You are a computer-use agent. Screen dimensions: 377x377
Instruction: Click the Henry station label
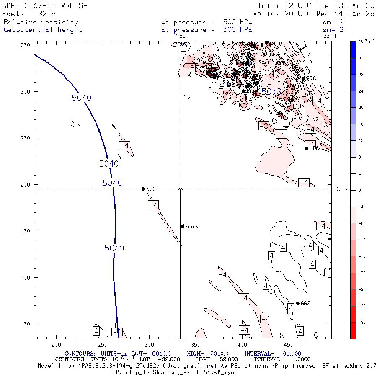click(x=191, y=227)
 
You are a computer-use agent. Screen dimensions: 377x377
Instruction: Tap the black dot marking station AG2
click(x=297, y=303)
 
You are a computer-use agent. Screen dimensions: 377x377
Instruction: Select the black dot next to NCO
click(x=143, y=189)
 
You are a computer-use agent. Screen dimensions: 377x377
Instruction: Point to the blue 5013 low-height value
click(x=271, y=91)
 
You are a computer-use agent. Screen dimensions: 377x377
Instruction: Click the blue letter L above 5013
click(x=269, y=81)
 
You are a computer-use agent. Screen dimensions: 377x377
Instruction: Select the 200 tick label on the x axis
click(x=56, y=344)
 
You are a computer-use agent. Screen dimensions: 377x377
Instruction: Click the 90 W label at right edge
click(x=341, y=189)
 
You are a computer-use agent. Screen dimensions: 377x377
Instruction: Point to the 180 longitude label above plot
click(x=181, y=36)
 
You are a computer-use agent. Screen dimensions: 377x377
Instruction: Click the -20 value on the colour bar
click(x=359, y=272)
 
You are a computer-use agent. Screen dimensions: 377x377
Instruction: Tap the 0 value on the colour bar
click(x=359, y=190)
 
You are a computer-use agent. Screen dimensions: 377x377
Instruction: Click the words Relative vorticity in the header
click(x=41, y=22)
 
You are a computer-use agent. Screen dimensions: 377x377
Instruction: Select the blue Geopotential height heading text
click(x=43, y=30)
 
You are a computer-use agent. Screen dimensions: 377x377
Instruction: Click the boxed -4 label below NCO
click(x=153, y=205)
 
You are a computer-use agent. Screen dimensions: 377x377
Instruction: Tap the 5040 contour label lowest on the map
click(x=114, y=248)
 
